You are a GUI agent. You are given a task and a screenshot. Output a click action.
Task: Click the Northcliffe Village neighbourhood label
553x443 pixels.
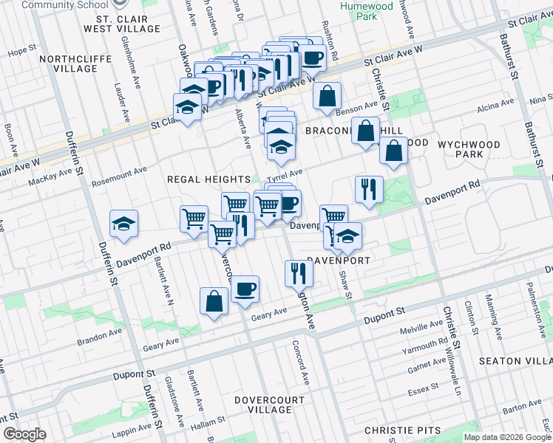[75, 63]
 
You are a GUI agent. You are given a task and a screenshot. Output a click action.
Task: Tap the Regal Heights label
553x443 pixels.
[208, 179]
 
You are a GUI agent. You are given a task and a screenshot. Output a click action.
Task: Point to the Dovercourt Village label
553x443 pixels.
[270, 404]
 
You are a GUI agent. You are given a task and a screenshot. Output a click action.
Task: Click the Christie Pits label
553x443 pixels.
[403, 430]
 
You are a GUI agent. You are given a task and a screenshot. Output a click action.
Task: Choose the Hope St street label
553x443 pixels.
[21, 52]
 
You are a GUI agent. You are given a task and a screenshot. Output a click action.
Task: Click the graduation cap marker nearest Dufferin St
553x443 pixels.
[123, 224]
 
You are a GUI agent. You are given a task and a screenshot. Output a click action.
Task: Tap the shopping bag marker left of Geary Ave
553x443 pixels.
[214, 301]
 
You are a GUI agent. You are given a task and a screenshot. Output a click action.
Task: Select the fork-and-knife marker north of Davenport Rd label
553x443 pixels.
[367, 189]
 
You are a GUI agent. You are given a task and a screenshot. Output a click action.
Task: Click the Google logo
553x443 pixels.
[24, 435]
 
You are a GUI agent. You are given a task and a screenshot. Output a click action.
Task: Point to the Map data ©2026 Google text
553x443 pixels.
[506, 437]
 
